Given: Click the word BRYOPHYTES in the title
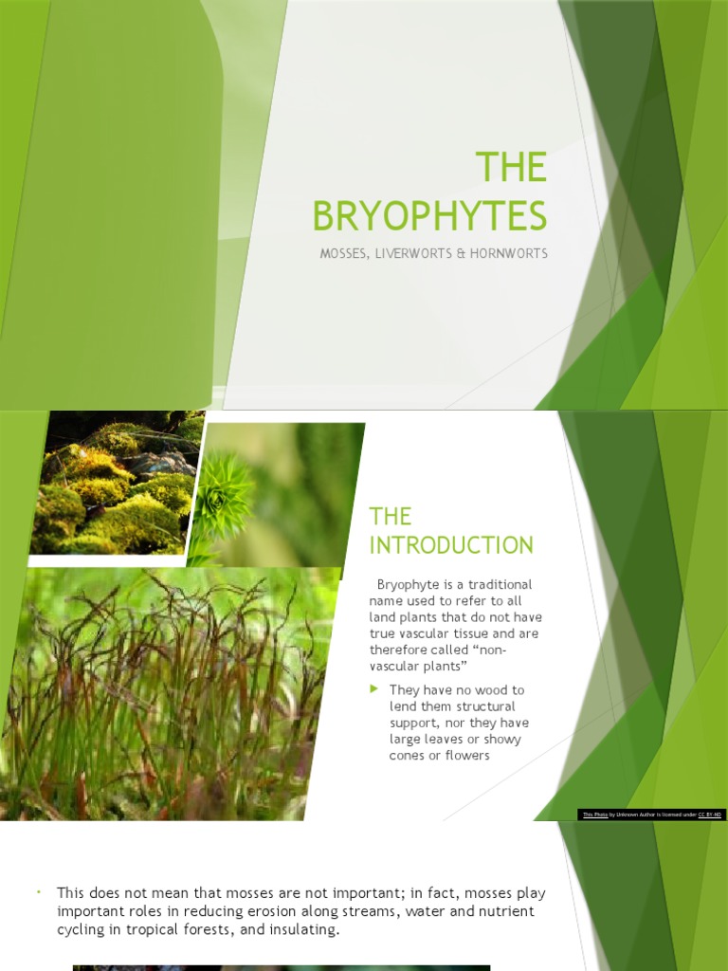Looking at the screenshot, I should tap(430, 216).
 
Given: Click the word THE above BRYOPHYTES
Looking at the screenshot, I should tap(511, 168).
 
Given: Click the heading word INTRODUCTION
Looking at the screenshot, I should tap(451, 545).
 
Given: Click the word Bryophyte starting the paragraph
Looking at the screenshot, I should tap(409, 584).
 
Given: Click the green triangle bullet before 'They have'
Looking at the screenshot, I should tap(375, 689).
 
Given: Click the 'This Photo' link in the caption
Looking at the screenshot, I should tap(595, 815).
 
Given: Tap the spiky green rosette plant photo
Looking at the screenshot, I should tap(224, 494).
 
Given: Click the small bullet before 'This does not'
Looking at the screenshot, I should tap(40, 893).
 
